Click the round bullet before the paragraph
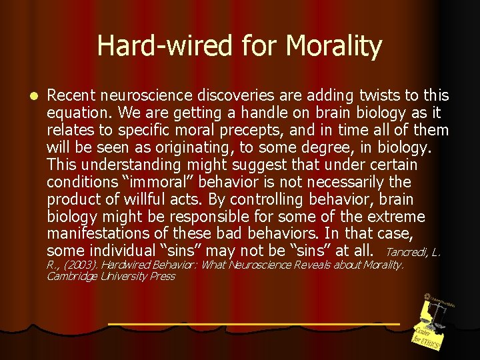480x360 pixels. pyautogui.click(x=25, y=96)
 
